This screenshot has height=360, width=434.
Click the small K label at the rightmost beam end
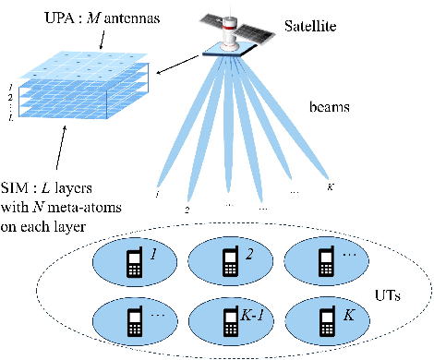[330, 186]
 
